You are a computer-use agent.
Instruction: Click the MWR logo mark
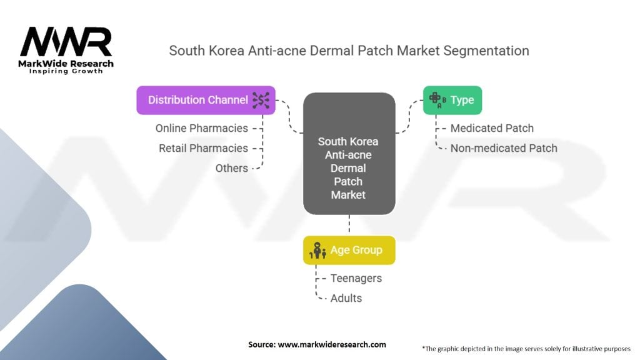[66, 42]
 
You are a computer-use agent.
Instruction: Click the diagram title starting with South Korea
[349, 51]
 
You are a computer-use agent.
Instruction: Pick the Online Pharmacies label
[201, 128]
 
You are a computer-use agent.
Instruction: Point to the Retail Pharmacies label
[203, 148]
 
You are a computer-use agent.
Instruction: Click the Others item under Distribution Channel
[231, 168]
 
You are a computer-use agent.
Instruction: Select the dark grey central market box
[349, 154]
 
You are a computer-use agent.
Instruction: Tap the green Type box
[452, 100]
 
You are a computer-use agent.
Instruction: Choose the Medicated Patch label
[492, 128]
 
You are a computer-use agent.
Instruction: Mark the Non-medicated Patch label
[503, 148]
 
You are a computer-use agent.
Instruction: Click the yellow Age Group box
[349, 250]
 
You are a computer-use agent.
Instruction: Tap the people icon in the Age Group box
[319, 250]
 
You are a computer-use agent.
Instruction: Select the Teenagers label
[356, 278]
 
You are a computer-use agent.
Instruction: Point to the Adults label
[346, 298]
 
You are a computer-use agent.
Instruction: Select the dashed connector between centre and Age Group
[349, 225]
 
